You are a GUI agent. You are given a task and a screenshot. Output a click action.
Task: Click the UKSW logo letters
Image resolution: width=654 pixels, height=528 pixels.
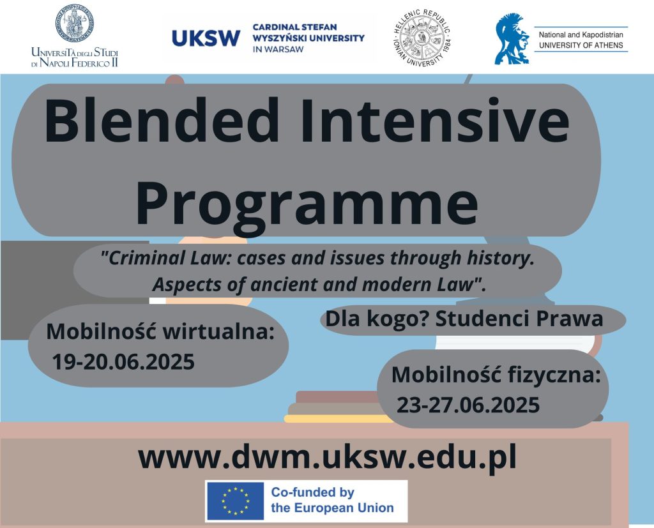click(x=206, y=38)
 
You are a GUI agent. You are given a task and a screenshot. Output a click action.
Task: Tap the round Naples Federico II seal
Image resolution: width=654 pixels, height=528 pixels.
click(x=75, y=23)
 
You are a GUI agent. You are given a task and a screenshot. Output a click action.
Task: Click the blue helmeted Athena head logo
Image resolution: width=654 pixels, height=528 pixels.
click(x=512, y=39)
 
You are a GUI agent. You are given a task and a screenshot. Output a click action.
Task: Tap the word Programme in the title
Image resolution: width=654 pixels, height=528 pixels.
click(x=307, y=204)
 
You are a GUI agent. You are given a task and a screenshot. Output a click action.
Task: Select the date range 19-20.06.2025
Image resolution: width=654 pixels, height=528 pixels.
click(x=123, y=361)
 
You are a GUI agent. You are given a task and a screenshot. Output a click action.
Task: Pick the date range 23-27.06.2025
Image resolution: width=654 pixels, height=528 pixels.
click(x=468, y=405)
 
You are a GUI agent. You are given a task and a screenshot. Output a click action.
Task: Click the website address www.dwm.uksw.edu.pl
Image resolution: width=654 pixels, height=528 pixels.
click(x=328, y=457)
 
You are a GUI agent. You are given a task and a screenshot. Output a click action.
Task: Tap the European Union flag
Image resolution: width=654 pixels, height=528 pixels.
click(x=235, y=501)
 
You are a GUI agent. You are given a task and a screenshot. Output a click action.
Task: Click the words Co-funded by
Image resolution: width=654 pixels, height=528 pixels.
click(x=313, y=492)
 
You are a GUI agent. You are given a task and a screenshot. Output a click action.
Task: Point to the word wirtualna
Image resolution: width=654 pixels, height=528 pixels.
click(x=218, y=332)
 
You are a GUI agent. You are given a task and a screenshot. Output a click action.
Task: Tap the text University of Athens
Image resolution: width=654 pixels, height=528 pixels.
click(x=581, y=45)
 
